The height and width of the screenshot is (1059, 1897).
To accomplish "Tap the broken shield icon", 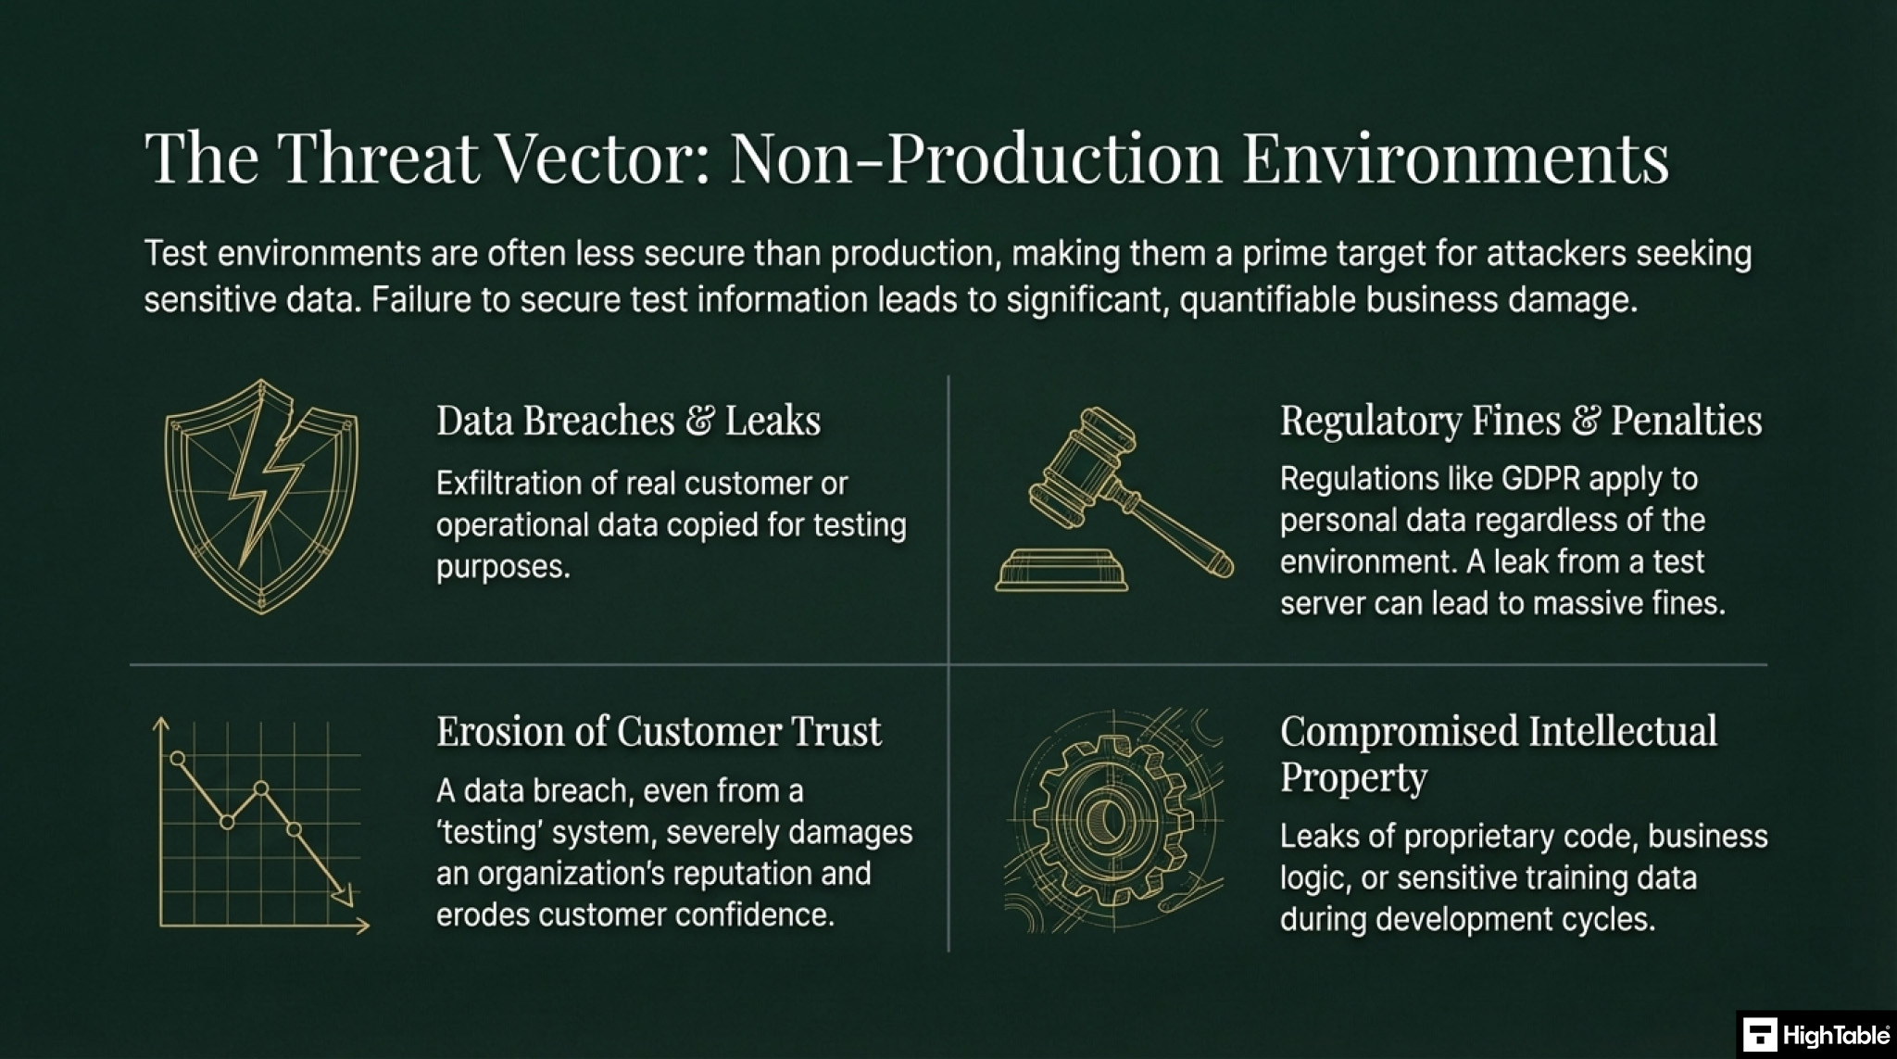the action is (x=261, y=497).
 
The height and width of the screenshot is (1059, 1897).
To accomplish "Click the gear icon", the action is (x=1113, y=820).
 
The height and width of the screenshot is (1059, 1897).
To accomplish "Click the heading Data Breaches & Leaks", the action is (x=628, y=420).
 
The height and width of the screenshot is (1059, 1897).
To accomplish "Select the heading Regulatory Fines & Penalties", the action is (x=1521, y=421).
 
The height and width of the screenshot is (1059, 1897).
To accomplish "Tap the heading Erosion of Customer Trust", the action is (x=659, y=731).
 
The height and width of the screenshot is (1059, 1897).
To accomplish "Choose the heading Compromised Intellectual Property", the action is (x=1499, y=753).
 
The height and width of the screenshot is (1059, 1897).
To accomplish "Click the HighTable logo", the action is (x=1815, y=1035).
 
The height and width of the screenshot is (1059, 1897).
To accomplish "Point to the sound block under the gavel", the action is (x=1062, y=570).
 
